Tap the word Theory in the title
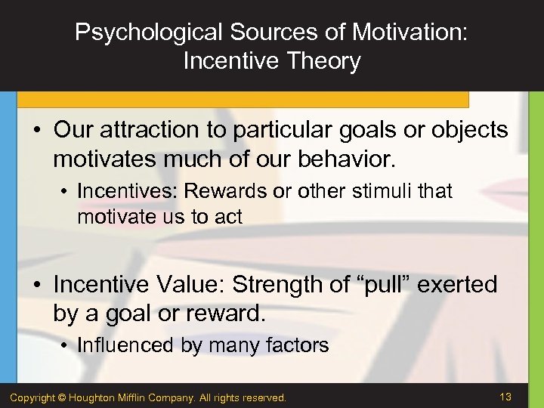323,61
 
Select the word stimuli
383,192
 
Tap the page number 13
505,397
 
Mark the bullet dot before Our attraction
38,131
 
